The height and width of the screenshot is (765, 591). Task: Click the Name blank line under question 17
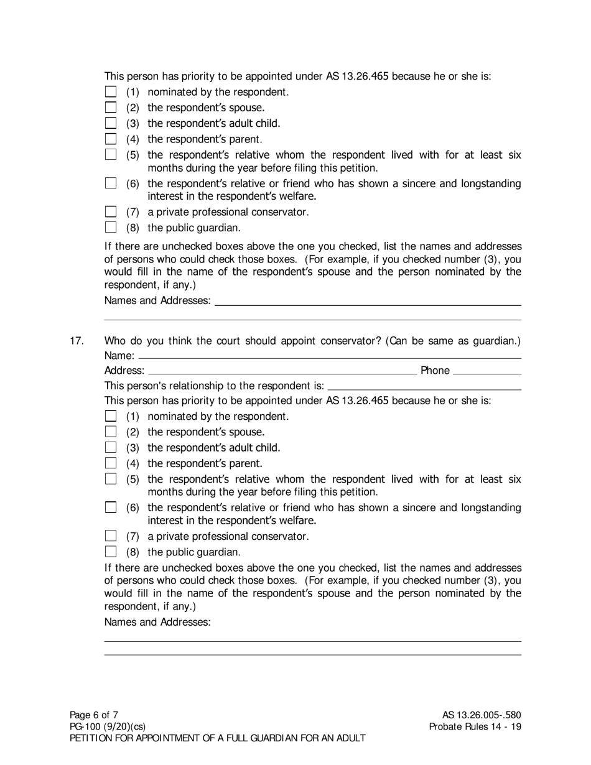[330, 356]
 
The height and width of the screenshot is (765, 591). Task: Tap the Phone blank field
[487, 371]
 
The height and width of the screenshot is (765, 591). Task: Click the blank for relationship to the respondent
[424, 386]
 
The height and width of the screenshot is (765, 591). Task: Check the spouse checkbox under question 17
[111, 432]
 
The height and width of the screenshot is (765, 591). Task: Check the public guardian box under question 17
[111, 552]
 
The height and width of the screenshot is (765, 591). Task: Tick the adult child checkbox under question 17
[111, 447]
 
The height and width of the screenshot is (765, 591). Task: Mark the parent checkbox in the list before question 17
[111, 139]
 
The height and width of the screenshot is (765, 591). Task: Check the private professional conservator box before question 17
[111, 212]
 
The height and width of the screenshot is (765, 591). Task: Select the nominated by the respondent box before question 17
[111, 92]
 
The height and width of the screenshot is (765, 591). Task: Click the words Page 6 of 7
[94, 715]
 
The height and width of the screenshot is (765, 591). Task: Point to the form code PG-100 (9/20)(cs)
[108, 726]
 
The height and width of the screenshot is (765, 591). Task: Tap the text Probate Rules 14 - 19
[475, 726]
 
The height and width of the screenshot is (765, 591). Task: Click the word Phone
[435, 371]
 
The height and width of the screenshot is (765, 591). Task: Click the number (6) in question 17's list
[133, 508]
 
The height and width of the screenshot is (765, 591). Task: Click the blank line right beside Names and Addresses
[367, 302]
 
